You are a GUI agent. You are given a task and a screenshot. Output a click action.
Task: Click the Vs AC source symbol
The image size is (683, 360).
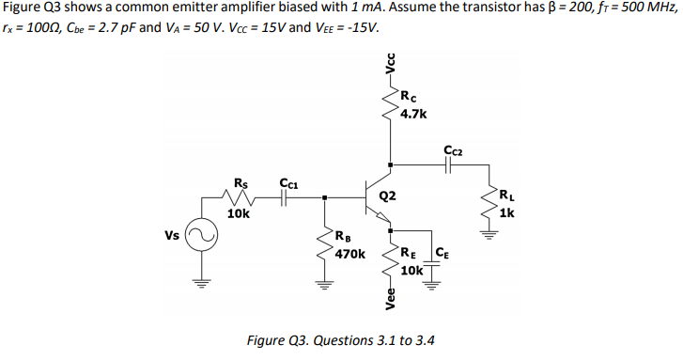tap(198, 236)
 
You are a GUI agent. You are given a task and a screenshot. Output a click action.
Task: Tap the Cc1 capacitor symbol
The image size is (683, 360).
tap(287, 198)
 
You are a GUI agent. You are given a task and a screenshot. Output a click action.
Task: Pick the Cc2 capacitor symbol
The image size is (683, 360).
tap(449, 164)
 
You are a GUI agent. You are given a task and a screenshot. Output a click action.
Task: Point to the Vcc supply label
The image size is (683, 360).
tap(390, 61)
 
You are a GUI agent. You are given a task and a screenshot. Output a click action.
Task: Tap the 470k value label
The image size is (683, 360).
tap(350, 254)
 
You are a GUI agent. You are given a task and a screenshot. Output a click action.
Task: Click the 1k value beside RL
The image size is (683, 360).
tap(506, 213)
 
